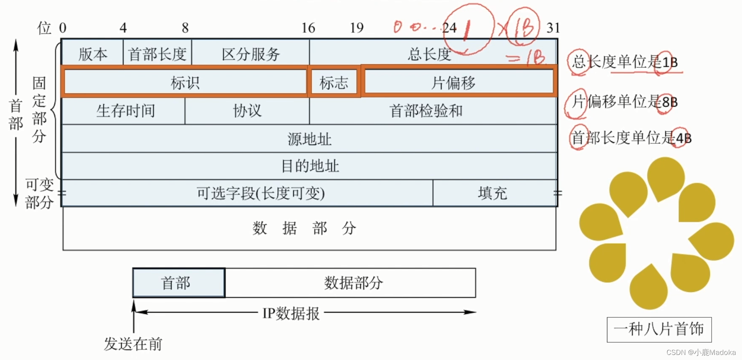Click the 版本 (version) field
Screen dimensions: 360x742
93,54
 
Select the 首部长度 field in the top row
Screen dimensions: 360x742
157,54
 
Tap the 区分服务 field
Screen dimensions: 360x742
251,54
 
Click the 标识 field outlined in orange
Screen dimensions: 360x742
185,82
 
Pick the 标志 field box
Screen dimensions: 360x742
334,82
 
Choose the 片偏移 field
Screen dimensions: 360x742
453,82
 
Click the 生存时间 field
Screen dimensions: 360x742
125,111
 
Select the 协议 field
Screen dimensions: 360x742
247,111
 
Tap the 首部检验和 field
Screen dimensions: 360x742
426,111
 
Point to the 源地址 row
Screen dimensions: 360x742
309,139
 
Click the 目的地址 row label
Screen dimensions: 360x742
310,166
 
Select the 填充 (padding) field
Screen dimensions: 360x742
492,193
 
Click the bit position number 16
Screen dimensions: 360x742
308,28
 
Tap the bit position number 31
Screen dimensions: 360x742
553,28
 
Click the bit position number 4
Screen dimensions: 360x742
123,28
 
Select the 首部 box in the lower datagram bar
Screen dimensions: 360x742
178,283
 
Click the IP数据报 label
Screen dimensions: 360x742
291,313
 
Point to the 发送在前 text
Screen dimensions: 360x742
133,344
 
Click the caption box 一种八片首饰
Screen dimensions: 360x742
659,329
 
